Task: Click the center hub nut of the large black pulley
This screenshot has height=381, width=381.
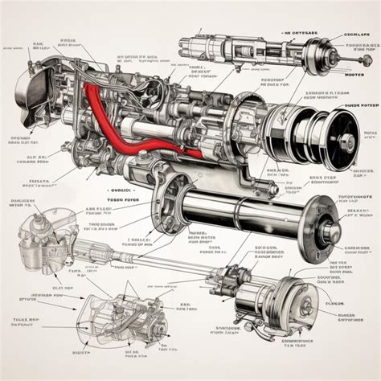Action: [x=348, y=143]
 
